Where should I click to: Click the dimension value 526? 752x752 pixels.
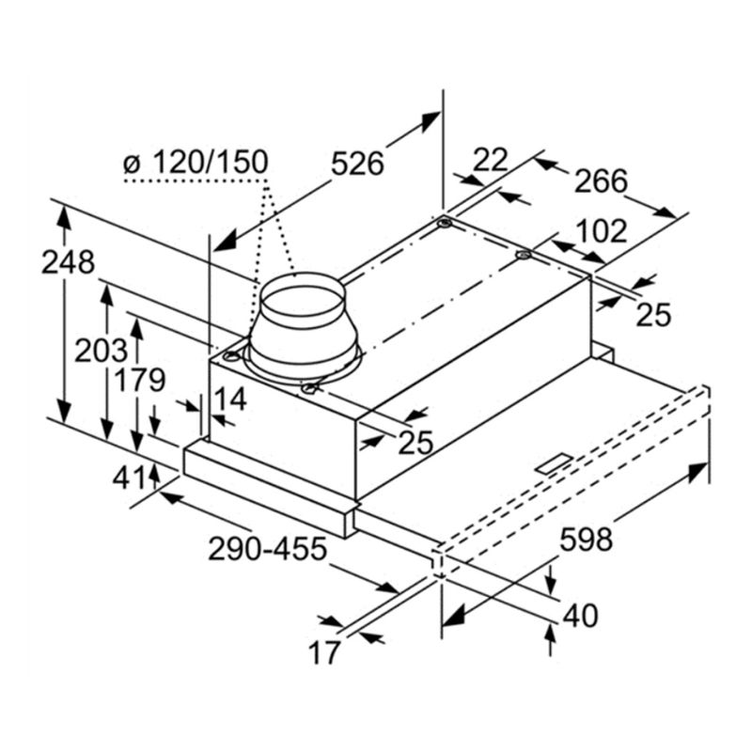[357, 164]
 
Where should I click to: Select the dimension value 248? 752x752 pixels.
[68, 263]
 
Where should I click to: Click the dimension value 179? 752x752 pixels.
[139, 381]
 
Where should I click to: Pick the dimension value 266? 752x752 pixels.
[601, 180]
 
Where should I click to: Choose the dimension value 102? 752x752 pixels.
[601, 230]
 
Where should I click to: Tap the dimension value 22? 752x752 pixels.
[490, 160]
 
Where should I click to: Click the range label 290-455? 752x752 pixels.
[267, 549]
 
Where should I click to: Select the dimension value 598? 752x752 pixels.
[586, 539]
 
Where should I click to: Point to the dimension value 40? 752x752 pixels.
[580, 616]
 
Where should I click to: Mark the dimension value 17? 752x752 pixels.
[324, 652]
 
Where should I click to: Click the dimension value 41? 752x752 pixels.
[128, 478]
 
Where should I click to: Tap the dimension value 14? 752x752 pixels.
[230, 399]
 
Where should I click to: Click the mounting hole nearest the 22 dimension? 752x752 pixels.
[444, 224]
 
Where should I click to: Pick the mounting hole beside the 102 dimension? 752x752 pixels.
[524, 255]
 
